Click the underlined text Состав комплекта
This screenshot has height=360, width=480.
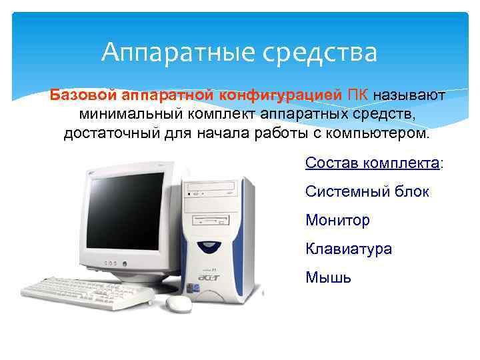(x=372, y=163)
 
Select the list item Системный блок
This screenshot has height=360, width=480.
(x=367, y=192)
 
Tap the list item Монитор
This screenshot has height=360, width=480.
(x=337, y=220)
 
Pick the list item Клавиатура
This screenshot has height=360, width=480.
(x=349, y=249)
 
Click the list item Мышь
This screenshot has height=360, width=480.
(x=328, y=277)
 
